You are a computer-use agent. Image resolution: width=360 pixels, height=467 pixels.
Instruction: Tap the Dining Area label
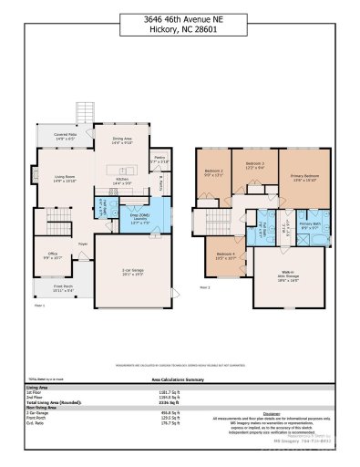[121, 140]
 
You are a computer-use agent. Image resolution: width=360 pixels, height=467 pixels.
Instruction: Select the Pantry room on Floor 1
[159, 160]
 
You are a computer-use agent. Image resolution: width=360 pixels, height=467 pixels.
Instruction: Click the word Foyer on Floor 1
[82, 244]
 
